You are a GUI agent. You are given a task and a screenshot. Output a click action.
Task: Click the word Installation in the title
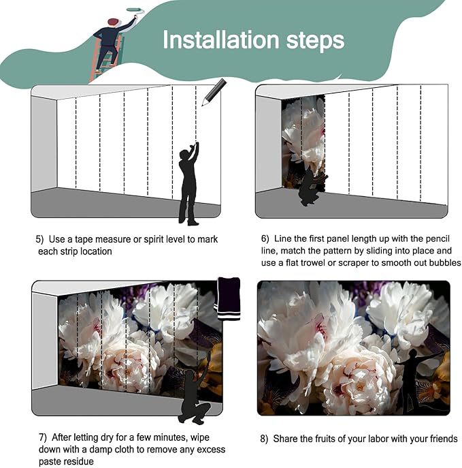click(221, 40)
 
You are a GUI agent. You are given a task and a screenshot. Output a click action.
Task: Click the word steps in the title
click(315, 42)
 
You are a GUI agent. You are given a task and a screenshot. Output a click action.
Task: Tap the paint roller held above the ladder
click(135, 10)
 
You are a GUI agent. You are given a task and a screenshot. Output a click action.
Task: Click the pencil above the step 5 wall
click(214, 92)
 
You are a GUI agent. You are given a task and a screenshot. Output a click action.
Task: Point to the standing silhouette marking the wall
click(188, 183)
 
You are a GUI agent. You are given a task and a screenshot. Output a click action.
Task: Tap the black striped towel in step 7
click(229, 299)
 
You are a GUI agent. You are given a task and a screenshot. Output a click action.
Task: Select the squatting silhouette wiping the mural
click(195, 394)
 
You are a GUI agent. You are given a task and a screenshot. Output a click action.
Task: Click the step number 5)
click(39, 239)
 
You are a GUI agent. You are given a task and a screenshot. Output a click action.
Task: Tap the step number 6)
click(265, 239)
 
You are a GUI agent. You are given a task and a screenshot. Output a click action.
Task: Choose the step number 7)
click(43, 437)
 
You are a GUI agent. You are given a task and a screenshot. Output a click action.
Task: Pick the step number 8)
click(264, 439)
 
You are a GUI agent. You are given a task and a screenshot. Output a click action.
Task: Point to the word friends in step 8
click(444, 439)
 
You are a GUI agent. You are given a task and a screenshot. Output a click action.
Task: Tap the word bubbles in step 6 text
click(445, 263)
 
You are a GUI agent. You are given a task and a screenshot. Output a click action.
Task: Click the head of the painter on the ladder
click(113, 22)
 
